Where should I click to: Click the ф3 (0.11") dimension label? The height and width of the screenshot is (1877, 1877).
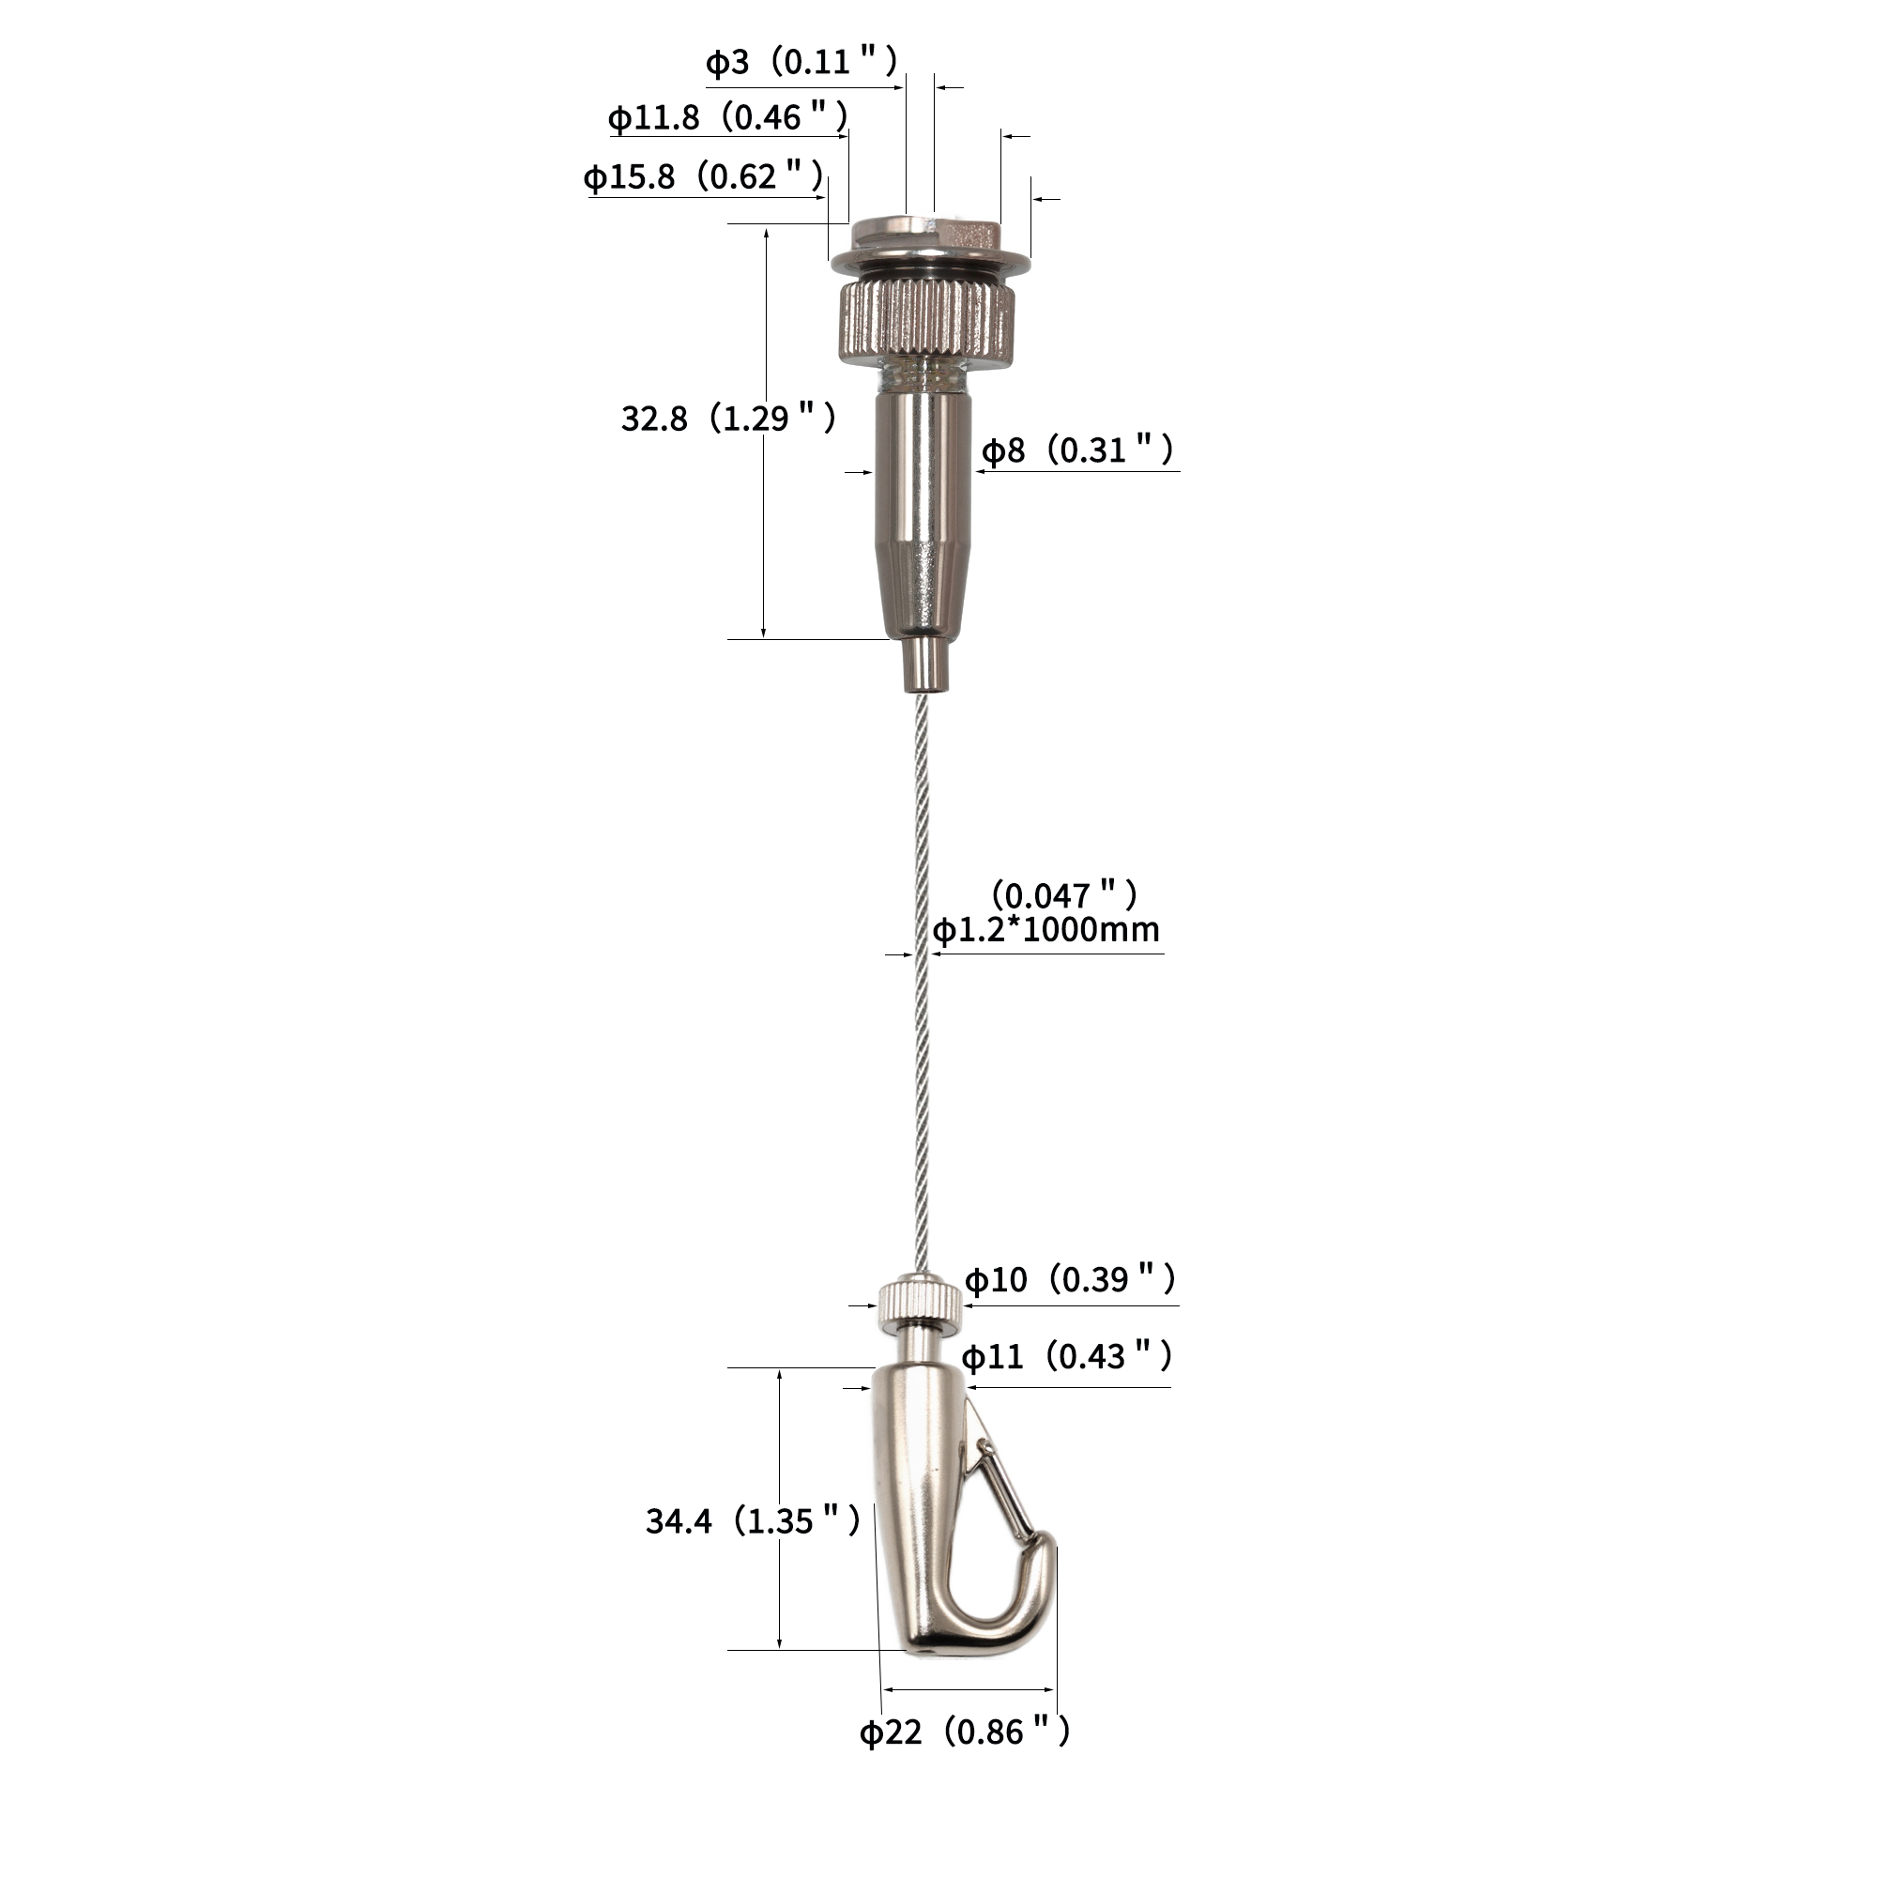tap(801, 62)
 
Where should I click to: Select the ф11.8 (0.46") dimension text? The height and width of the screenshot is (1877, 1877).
tap(728, 117)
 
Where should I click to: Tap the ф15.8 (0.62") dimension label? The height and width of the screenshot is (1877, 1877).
tap(705, 176)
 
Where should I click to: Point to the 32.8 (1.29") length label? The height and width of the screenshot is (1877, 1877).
tap(728, 419)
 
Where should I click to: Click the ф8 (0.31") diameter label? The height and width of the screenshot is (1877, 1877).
tap(1077, 450)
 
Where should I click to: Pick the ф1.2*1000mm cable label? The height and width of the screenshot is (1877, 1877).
tap(1046, 930)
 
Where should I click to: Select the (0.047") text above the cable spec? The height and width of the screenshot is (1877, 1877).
tap(1064, 893)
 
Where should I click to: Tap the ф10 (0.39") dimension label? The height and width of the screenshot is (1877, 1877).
tap(1071, 1279)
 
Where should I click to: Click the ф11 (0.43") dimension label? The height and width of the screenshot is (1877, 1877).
tap(1068, 1356)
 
